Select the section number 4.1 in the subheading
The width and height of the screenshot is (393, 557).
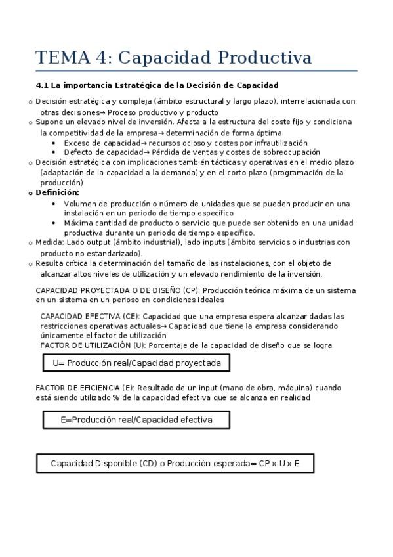click(43, 85)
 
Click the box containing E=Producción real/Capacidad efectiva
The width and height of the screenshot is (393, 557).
click(136, 420)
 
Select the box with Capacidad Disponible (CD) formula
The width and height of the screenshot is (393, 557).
click(175, 463)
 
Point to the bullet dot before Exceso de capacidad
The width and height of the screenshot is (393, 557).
click(54, 143)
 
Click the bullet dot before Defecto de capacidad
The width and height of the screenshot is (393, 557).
click(54, 152)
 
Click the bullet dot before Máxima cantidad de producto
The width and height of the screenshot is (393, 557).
click(54, 223)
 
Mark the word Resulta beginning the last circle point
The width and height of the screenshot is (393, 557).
click(49, 263)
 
